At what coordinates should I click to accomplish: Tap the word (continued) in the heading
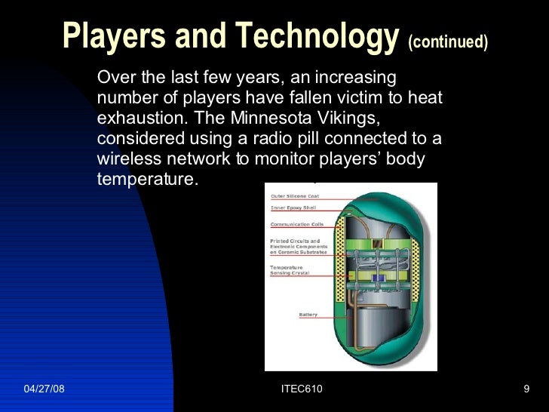click(x=448, y=42)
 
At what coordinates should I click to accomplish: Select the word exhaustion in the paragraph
click(x=139, y=119)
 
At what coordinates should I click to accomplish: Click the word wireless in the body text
click(x=125, y=160)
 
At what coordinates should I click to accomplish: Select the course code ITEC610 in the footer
click(x=301, y=389)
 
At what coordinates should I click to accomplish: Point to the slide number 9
click(x=526, y=389)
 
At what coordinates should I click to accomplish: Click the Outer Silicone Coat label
click(x=295, y=196)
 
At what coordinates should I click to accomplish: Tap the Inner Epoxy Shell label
click(x=293, y=208)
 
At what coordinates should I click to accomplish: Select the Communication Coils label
click(x=296, y=224)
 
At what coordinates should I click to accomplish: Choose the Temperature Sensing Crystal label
click(x=287, y=270)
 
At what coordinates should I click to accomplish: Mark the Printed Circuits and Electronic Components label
click(x=299, y=247)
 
